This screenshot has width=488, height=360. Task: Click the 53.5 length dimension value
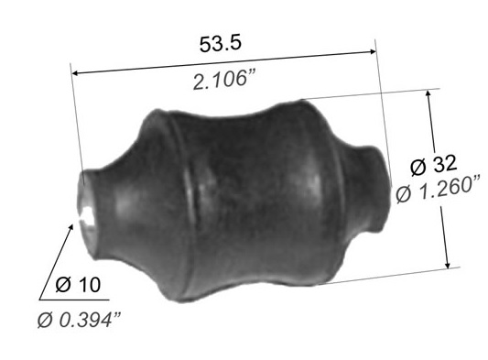[x=220, y=44]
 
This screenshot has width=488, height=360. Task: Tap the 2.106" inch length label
[x=224, y=80]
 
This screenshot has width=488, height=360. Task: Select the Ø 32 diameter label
[x=434, y=165]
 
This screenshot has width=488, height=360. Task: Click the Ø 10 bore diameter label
[x=78, y=285]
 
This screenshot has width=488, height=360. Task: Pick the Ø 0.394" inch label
[x=79, y=320]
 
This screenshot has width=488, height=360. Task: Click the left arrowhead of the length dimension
[x=76, y=73]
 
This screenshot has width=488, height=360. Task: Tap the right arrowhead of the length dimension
[x=372, y=51]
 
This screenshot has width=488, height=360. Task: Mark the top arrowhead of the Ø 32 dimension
[x=428, y=95]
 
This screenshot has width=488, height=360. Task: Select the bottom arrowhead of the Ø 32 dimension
[x=447, y=263]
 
